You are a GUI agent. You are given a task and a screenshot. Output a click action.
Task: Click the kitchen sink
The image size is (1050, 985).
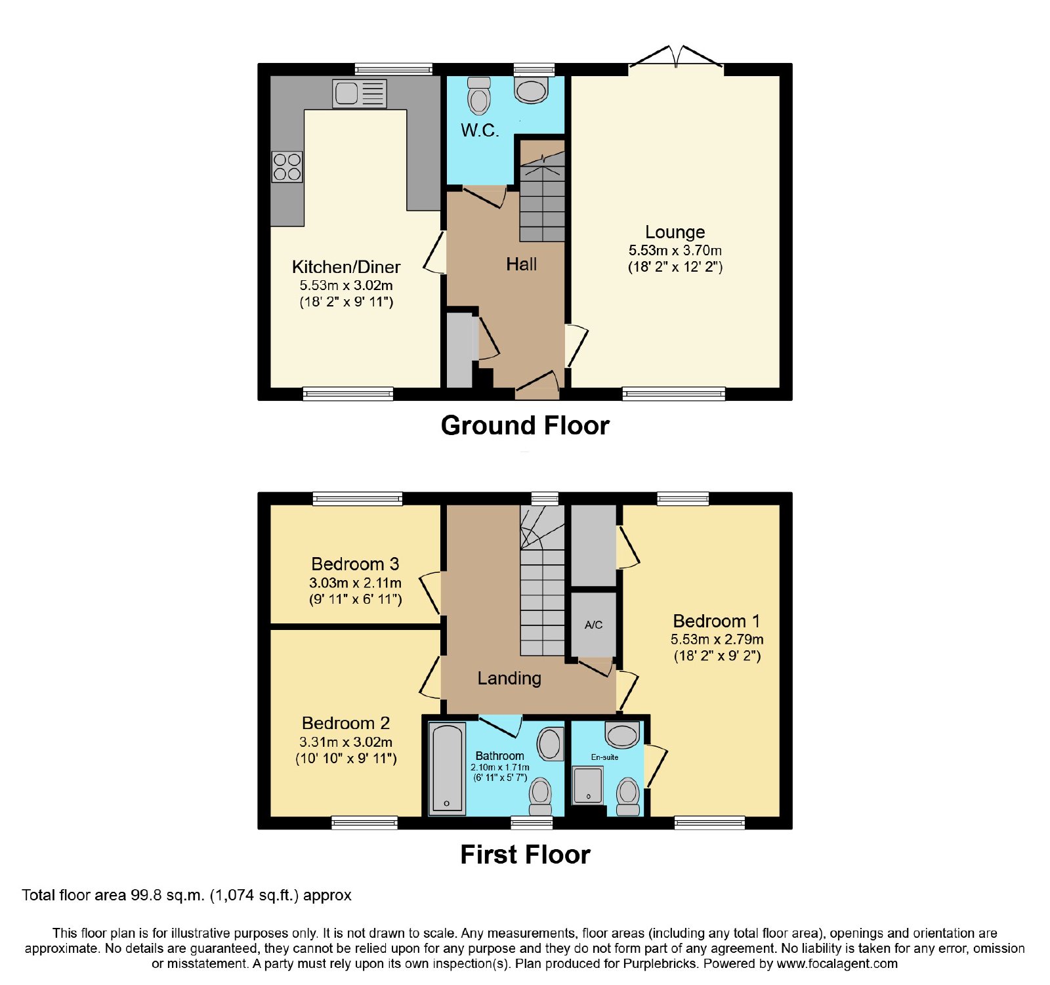(360, 93)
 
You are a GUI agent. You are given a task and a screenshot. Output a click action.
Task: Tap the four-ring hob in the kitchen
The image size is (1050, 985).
(287, 167)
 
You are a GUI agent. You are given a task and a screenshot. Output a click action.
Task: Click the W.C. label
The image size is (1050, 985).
(480, 130)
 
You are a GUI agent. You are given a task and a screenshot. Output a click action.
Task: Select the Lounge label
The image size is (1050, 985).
(675, 232)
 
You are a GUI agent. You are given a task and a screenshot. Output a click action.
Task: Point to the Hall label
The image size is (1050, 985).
(521, 264)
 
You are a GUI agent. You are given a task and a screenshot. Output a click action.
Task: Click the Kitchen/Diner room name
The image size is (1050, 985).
(346, 266)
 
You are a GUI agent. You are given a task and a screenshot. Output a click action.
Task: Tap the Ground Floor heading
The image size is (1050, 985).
(525, 425)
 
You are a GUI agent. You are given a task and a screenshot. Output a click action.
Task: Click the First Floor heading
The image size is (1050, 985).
(525, 854)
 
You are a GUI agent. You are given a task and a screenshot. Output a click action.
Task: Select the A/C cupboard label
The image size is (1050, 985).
(593, 625)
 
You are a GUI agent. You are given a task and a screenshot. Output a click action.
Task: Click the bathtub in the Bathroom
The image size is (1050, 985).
(447, 768)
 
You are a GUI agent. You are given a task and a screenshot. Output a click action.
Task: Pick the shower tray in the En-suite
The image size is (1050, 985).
(587, 785)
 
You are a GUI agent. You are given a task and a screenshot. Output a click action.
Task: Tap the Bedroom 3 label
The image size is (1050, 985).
(355, 564)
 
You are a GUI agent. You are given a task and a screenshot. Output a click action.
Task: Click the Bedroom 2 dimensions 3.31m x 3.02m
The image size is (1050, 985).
(346, 742)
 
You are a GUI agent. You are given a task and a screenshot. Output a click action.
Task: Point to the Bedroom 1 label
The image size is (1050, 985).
(717, 621)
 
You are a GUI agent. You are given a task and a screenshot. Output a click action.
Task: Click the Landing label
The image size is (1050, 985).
(509, 679)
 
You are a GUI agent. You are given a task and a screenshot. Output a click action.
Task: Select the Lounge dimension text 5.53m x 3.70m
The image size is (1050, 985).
(675, 250)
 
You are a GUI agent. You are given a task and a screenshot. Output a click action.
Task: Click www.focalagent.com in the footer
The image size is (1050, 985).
(837, 964)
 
